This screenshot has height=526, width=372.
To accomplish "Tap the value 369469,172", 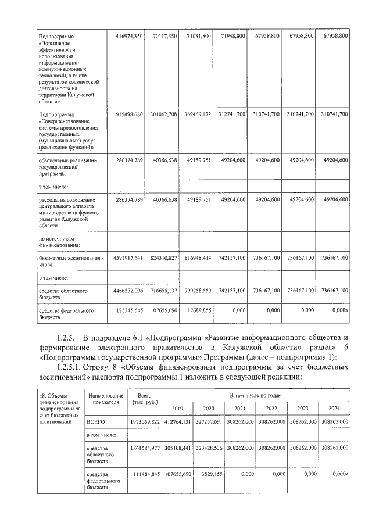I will (195, 114).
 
